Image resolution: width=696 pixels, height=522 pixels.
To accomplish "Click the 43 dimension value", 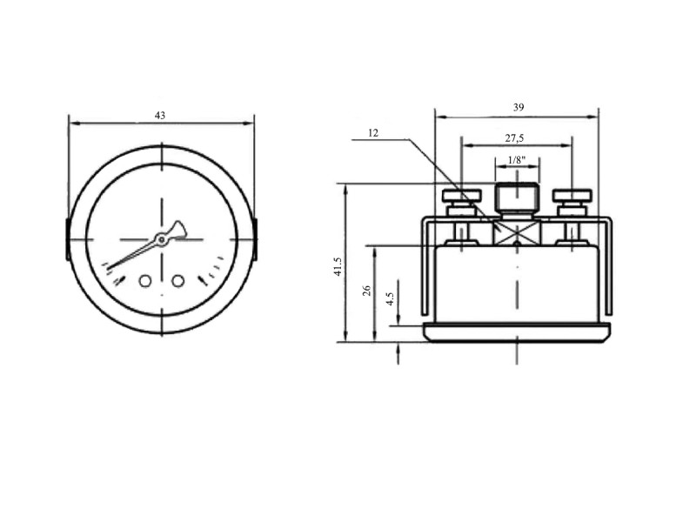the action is (160, 116).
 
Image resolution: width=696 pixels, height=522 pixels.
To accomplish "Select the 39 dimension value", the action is (519, 107).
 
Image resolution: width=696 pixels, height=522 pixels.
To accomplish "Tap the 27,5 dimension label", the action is (514, 138).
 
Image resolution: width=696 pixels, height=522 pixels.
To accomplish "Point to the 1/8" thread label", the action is (517, 160).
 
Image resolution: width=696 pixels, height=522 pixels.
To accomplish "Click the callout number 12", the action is (373, 133).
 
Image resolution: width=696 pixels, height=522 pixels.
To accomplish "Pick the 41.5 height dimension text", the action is (338, 266).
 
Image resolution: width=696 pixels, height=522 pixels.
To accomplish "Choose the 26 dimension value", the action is (366, 291).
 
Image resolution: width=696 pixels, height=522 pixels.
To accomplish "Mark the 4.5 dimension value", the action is (390, 298).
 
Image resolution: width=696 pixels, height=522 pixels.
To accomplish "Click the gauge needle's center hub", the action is (161, 240).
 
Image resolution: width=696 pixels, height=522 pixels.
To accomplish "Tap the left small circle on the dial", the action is (145, 281).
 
